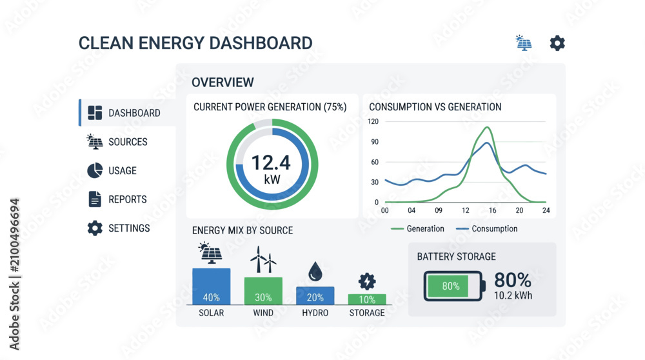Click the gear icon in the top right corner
click(x=557, y=43)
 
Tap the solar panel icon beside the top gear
click(x=524, y=43)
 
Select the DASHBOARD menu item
click(x=124, y=113)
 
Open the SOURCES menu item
click(x=117, y=141)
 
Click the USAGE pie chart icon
click(x=95, y=170)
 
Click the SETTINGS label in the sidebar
click(x=129, y=228)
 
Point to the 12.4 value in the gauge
click(x=271, y=163)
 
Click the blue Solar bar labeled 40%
click(x=212, y=286)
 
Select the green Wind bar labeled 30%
click(x=263, y=292)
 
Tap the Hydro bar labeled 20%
click(x=315, y=296)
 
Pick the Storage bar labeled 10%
click(x=367, y=299)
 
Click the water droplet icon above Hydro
click(x=315, y=271)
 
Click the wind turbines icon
click(x=263, y=259)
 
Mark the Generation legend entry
click(x=417, y=229)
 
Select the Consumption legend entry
click(x=487, y=229)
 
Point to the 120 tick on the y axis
click(x=373, y=121)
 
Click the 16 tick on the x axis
click(x=492, y=210)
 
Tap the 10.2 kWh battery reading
click(x=513, y=295)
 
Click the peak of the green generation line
click(x=488, y=128)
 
